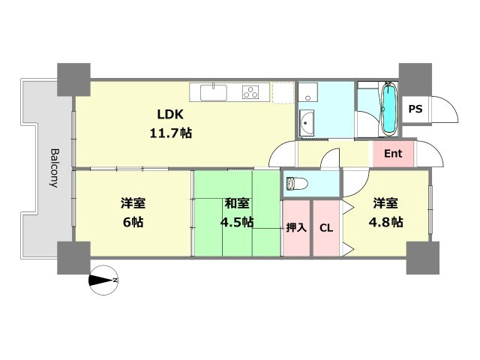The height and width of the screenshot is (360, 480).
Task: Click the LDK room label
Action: click(170, 114)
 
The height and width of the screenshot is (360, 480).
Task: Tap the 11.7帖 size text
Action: click(170, 132)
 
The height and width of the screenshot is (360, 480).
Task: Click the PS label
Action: click(415, 109)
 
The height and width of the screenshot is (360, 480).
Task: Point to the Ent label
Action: click(393, 154)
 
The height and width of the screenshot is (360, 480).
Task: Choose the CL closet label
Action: click(326, 228)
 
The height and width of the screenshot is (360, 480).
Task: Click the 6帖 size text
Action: click(134, 222)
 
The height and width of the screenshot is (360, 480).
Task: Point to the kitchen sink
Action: click(213, 93)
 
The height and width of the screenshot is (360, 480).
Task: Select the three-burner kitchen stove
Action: click(250, 92)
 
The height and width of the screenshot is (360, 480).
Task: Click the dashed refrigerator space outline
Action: click(283, 92)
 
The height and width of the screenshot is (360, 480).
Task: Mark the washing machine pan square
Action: click(307, 95)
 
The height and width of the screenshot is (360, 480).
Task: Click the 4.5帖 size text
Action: click(238, 222)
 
